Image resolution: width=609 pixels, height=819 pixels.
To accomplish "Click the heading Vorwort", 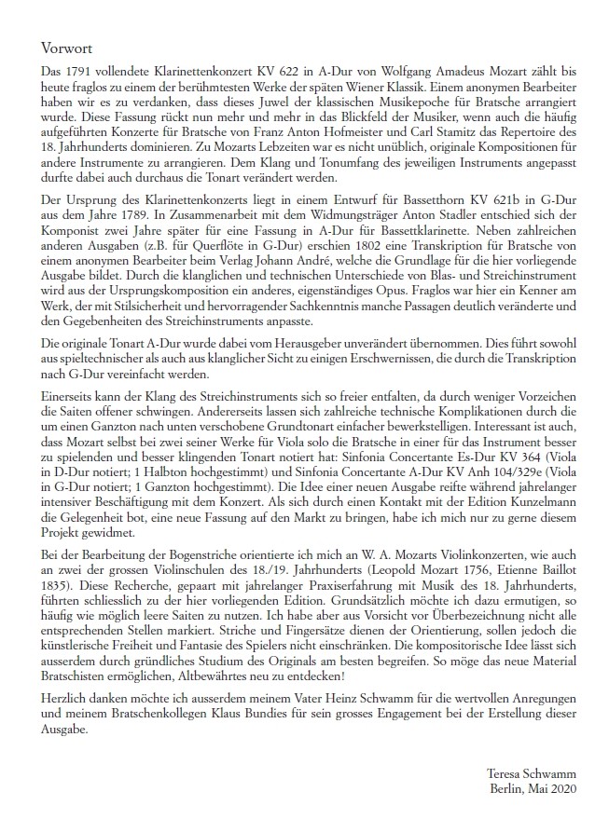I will click(67, 47).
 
